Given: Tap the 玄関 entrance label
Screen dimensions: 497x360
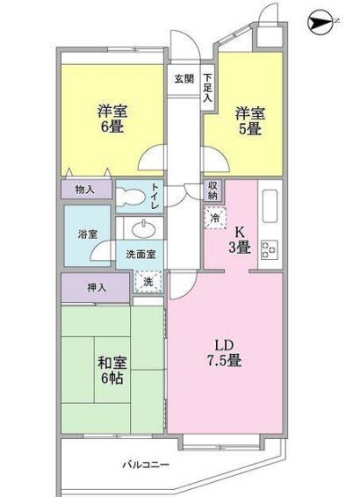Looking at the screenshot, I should [x=184, y=78].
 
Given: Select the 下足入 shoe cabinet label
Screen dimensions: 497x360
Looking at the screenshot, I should [x=207, y=87].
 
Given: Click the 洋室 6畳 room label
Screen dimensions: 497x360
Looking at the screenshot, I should [x=111, y=119].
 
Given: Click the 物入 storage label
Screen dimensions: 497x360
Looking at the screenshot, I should [x=85, y=188].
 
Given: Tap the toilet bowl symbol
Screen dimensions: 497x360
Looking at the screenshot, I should [x=133, y=197].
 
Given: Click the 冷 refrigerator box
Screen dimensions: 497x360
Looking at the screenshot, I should [x=214, y=216].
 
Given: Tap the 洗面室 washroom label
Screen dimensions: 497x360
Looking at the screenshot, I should [x=140, y=255].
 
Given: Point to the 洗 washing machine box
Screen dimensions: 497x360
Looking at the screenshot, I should [x=148, y=282].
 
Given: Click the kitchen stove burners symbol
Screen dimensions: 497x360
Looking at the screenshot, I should [x=269, y=249].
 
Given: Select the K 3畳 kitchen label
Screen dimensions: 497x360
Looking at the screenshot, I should [x=239, y=240].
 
